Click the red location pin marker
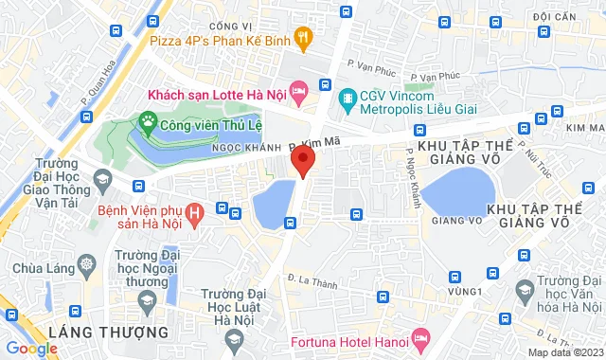[x=303, y=159]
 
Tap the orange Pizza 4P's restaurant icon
[x=303, y=39]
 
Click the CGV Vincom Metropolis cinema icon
[x=347, y=97]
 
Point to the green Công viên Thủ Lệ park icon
[x=147, y=120]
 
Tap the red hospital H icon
[x=194, y=215]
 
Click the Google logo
[x=30, y=348]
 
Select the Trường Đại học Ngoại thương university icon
[x=147, y=301]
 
